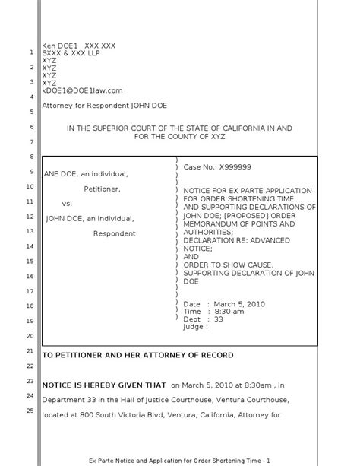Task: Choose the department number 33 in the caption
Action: (x=219, y=319)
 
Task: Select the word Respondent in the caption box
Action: (x=115, y=233)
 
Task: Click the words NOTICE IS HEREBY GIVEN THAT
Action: (x=103, y=385)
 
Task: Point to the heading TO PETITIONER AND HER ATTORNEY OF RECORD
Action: (x=137, y=355)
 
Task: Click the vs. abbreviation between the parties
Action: (x=66, y=204)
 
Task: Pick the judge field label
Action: (x=194, y=327)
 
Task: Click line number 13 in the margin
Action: (x=29, y=231)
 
